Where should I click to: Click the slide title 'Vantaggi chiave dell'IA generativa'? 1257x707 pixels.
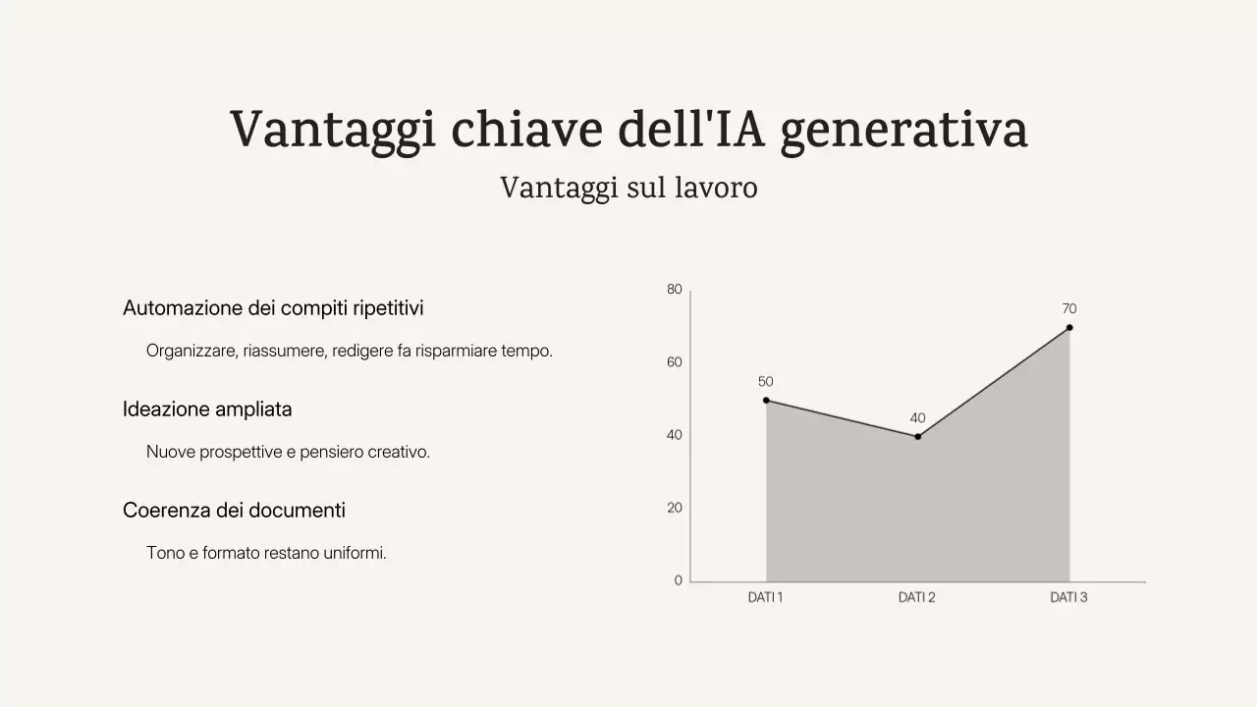click(x=628, y=130)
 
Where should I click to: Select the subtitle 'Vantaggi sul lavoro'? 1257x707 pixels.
click(x=628, y=188)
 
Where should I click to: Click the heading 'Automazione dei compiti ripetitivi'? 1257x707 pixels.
click(x=273, y=308)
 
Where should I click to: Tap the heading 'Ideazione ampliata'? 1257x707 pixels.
click(x=207, y=409)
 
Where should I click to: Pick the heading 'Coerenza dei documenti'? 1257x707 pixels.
click(x=234, y=511)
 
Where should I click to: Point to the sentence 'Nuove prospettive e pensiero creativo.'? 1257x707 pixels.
click(x=288, y=452)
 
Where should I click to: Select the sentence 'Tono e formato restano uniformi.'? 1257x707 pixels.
click(x=266, y=553)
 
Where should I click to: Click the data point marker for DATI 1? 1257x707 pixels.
click(x=766, y=400)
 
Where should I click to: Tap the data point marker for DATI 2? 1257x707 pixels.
click(x=918, y=436)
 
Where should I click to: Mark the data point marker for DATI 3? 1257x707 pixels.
click(x=1069, y=327)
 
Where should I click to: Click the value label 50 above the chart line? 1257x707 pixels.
click(x=766, y=382)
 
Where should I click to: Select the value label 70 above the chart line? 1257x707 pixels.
click(x=1069, y=309)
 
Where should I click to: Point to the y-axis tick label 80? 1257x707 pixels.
click(x=674, y=290)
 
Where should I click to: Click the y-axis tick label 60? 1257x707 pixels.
click(x=674, y=362)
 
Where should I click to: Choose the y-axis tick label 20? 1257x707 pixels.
click(x=674, y=508)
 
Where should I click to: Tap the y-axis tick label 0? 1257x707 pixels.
click(x=678, y=580)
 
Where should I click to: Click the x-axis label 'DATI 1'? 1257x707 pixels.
click(x=765, y=597)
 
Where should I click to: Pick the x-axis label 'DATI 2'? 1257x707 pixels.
click(x=916, y=597)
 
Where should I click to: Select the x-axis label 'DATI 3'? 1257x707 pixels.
click(x=1068, y=597)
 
